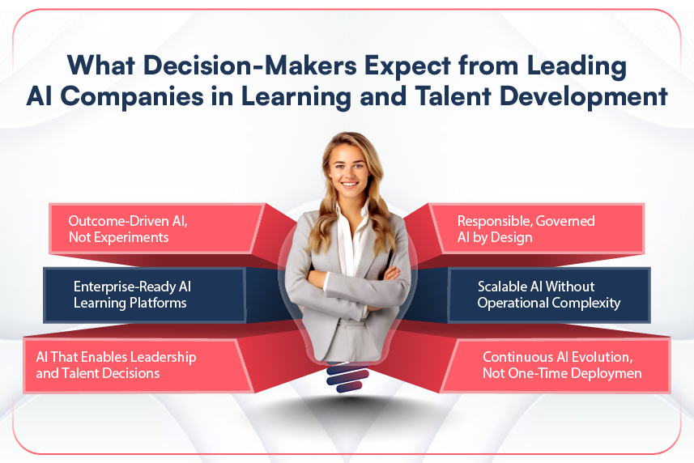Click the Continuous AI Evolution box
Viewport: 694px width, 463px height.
coord(559,365)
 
